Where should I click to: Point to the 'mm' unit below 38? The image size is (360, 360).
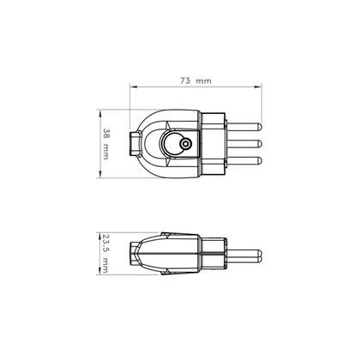coord(105,153)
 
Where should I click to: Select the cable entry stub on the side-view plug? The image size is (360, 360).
coord(135,254)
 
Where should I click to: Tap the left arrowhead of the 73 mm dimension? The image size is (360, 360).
coord(132,87)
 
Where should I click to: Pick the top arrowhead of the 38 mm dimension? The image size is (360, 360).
coord(99,112)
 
